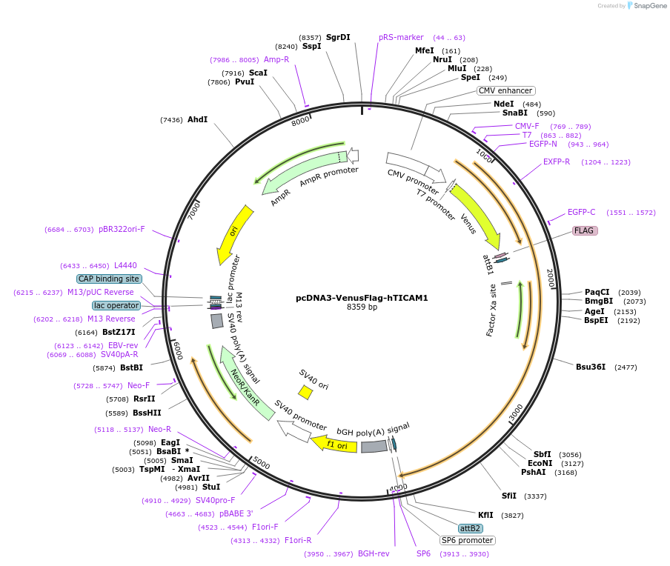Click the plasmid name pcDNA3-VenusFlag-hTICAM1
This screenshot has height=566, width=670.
coord(362,298)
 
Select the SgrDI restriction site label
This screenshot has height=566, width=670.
coord(338,37)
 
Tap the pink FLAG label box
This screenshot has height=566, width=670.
coord(584,230)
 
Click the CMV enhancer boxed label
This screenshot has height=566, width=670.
coord(505,90)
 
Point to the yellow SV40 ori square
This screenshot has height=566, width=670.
coord(305,392)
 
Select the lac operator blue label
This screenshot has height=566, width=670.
coord(116,305)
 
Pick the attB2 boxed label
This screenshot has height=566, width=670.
coord(471,528)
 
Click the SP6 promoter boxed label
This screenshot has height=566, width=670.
coord(467,540)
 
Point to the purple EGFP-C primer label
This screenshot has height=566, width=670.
coord(581,212)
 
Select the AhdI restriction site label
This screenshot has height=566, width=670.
coord(197,119)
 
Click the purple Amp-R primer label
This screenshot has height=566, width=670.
coord(276,59)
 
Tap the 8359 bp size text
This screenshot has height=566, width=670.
coord(362,307)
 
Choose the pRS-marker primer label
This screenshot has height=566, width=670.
coord(401,37)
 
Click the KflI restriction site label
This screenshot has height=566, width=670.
coord(485,515)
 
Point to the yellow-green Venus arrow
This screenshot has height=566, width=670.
coord(476,216)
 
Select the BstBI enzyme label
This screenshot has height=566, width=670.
coord(132,367)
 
